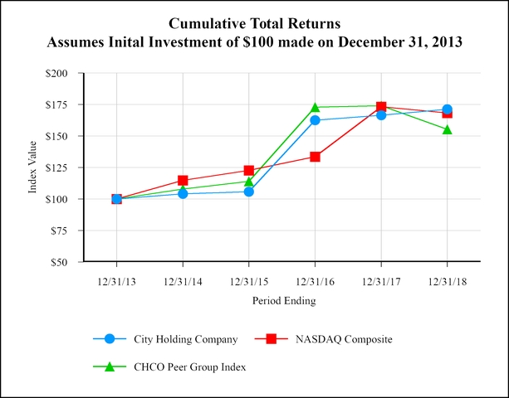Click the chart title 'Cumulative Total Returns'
(254, 21)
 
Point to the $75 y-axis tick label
(58, 231)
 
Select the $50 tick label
(58, 262)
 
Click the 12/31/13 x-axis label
(116, 281)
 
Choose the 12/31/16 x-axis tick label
(315, 281)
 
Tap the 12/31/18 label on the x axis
(447, 281)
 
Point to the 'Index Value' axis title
(33, 168)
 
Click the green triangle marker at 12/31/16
(315, 107)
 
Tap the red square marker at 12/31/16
(315, 157)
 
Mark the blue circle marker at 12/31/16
(315, 120)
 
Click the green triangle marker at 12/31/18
(447, 129)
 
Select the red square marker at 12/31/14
(183, 180)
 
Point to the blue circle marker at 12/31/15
(248, 192)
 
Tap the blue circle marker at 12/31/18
(447, 109)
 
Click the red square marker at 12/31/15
(248, 170)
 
